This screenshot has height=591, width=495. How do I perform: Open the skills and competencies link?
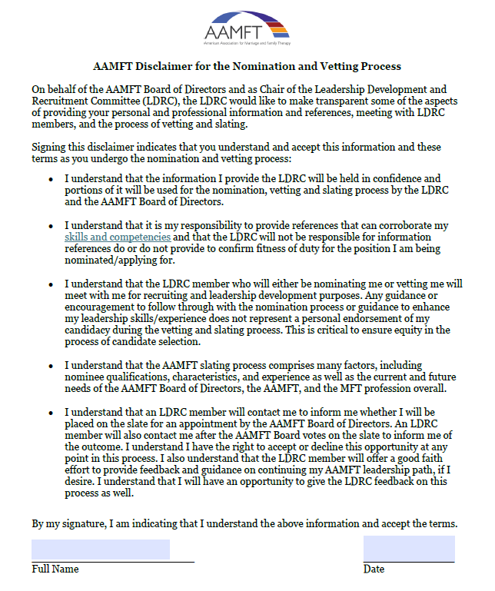pyautogui.click(x=117, y=237)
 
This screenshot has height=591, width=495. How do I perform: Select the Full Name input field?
pyautogui.click(x=101, y=549)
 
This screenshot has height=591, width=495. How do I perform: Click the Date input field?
pyautogui.click(x=409, y=549)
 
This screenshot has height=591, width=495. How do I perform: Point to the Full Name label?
pyautogui.click(x=55, y=569)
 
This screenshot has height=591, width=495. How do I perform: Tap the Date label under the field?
pyautogui.click(x=374, y=569)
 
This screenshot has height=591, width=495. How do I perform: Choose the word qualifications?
pyautogui.click(x=109, y=377)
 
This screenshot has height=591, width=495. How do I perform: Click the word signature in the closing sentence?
pyautogui.click(x=86, y=523)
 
